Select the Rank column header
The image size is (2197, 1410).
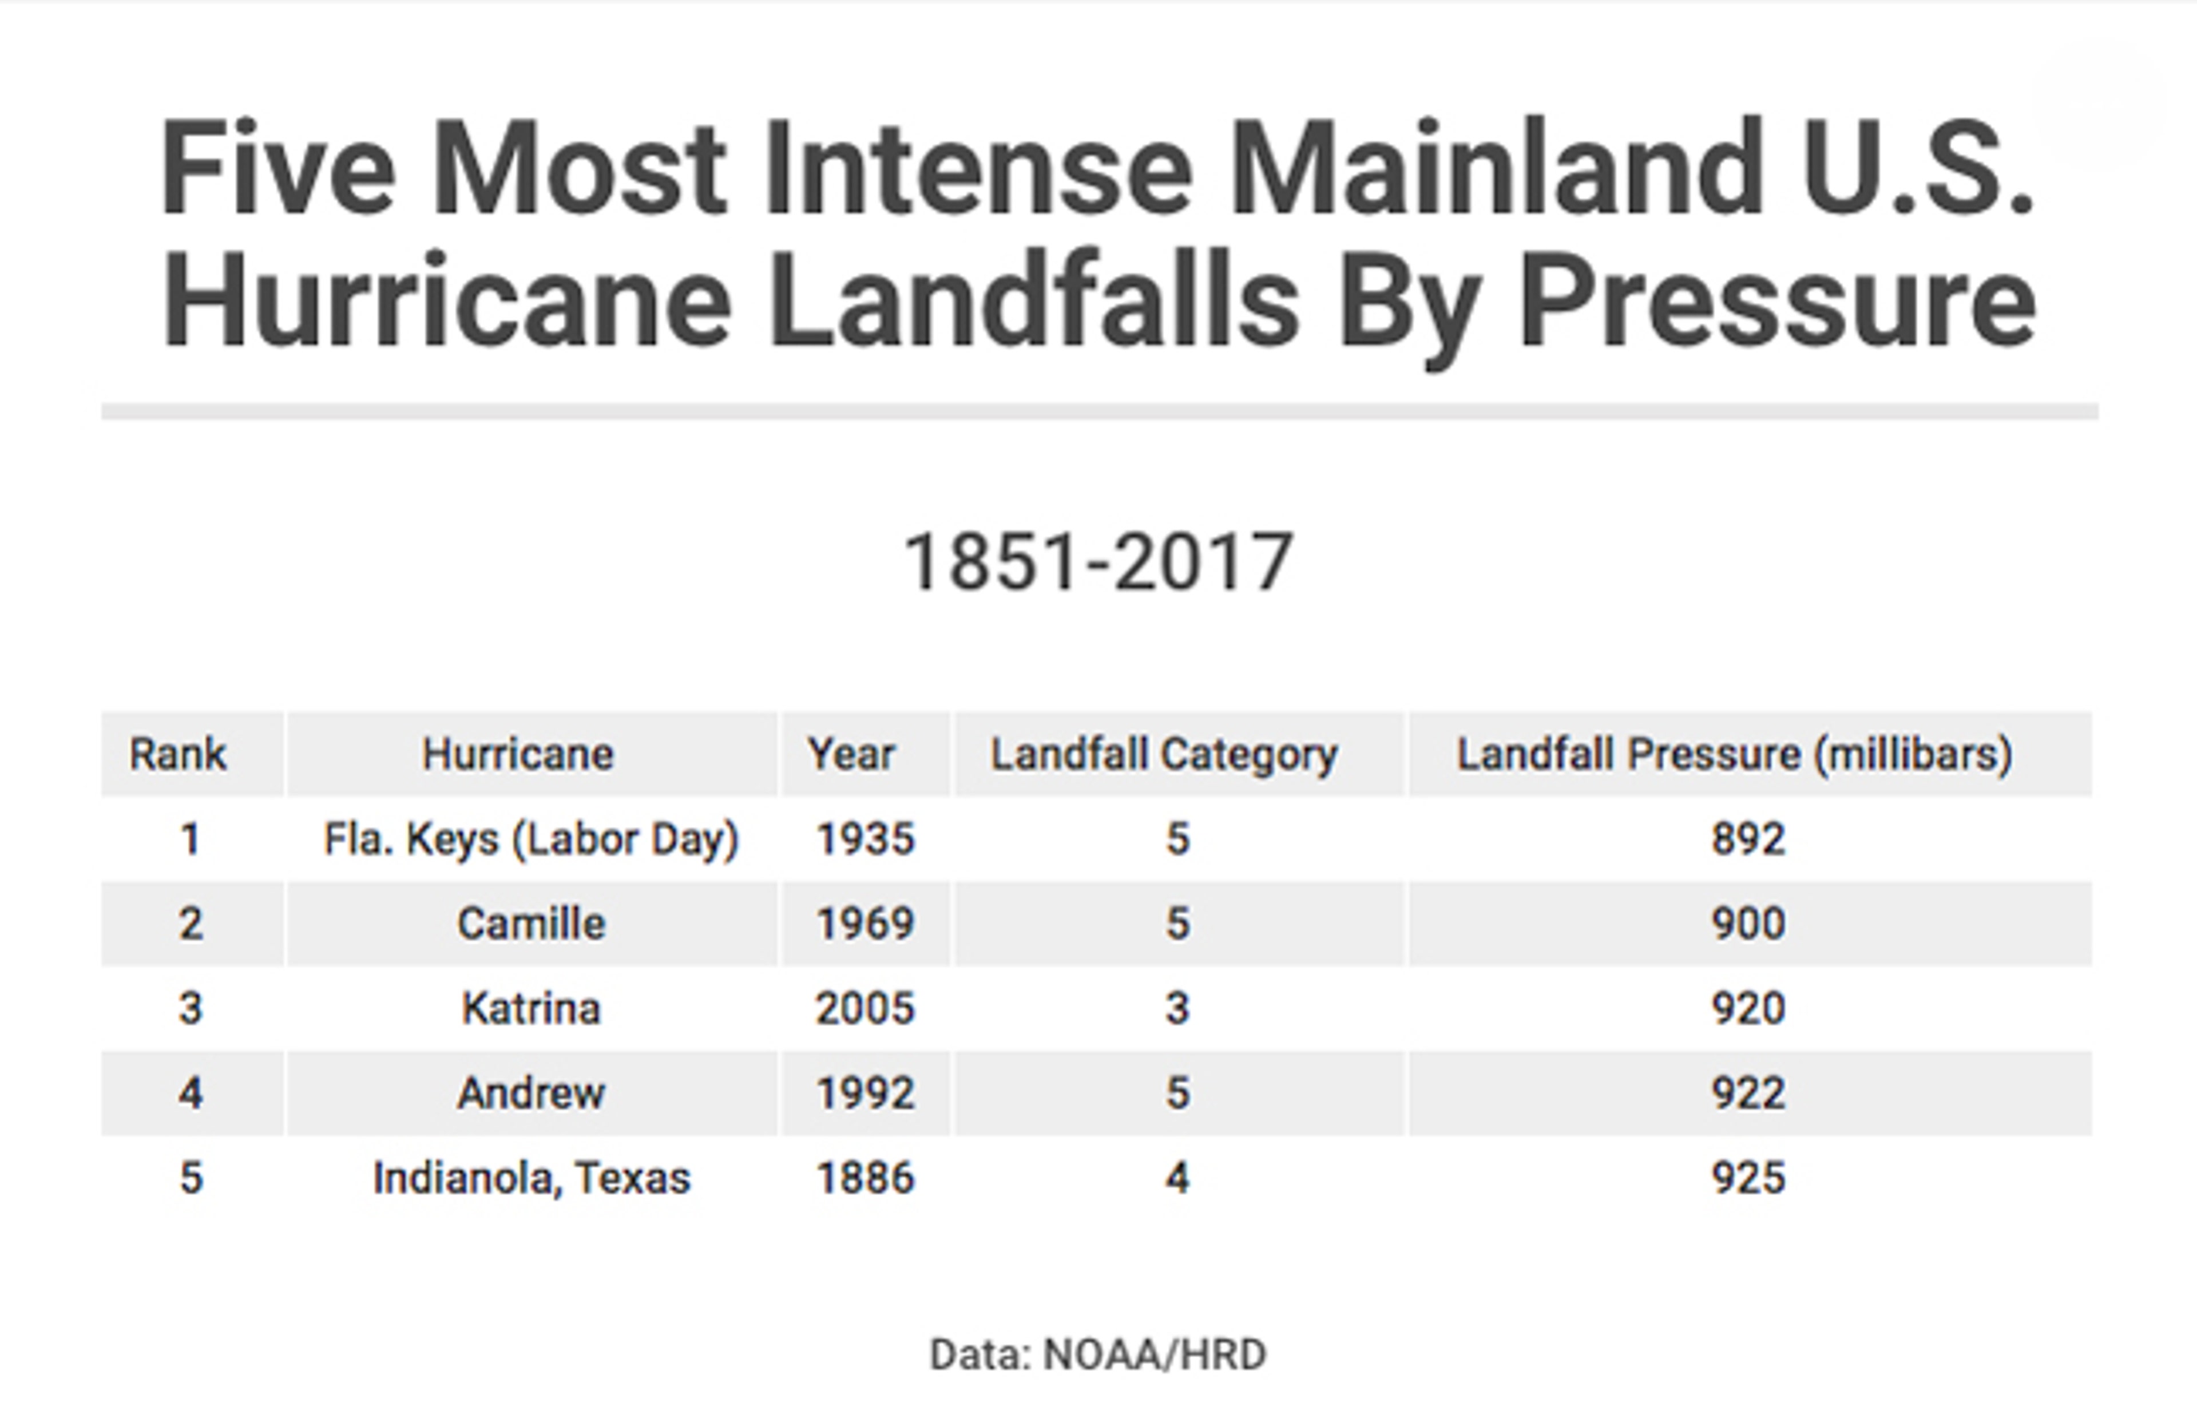tap(177, 754)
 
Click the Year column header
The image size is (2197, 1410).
tap(850, 754)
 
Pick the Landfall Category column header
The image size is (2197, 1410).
tap(1164, 754)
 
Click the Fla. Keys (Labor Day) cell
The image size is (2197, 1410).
tap(531, 839)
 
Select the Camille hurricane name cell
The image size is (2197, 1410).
tap(531, 923)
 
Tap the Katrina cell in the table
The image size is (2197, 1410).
tap(531, 1008)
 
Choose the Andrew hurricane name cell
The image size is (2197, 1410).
tap(531, 1093)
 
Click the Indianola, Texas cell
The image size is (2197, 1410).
tap(531, 1178)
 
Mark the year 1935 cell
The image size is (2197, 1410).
tap(865, 839)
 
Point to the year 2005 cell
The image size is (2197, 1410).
tap(865, 1008)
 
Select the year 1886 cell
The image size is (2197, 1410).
tap(865, 1178)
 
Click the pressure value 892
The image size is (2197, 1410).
tap(1748, 839)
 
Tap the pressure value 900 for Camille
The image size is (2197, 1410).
tap(1748, 923)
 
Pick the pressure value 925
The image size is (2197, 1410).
tap(1748, 1178)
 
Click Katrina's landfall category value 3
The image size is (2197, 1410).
tap(1177, 1008)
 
